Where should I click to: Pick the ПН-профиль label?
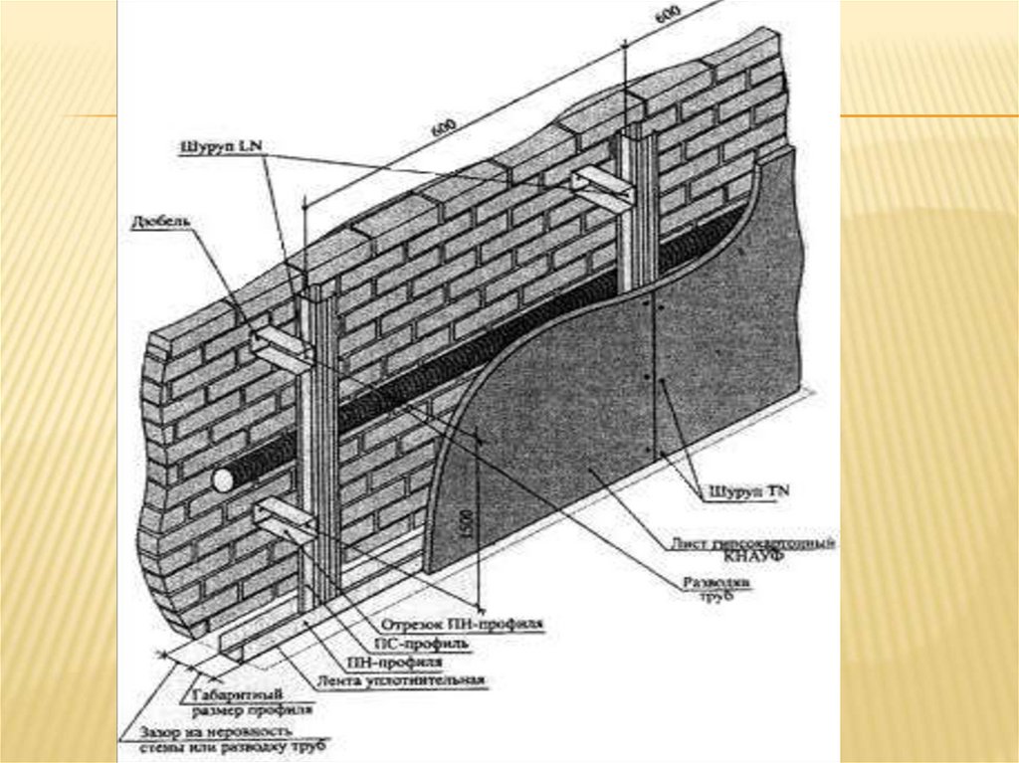click(x=395, y=662)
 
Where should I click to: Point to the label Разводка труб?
click(x=715, y=588)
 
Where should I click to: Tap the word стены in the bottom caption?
click(x=159, y=745)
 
